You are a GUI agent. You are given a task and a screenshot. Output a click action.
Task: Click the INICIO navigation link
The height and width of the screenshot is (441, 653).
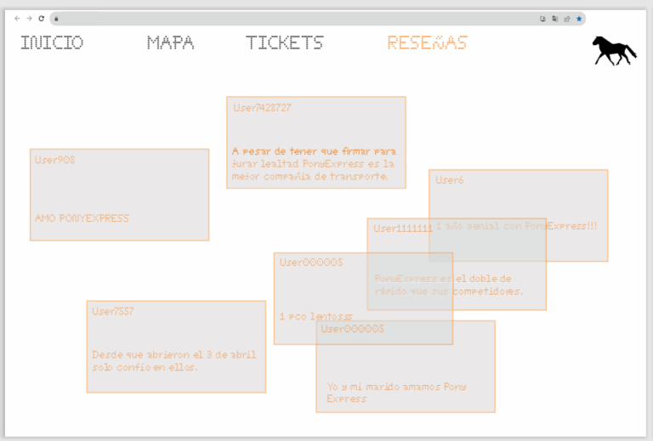coord(52,42)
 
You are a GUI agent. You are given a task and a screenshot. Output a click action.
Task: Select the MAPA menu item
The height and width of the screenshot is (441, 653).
coord(170,42)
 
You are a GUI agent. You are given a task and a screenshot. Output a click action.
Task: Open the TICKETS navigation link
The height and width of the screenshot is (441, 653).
coord(285,42)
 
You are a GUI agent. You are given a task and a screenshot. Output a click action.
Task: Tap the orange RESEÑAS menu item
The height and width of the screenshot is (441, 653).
coord(427,42)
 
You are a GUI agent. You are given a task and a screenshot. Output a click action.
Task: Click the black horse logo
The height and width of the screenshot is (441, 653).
coord(614,50)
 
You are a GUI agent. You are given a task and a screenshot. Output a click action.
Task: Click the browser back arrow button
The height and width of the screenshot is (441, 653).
coord(17,18)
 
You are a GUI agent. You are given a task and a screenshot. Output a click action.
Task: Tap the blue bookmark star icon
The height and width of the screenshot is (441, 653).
coord(579,18)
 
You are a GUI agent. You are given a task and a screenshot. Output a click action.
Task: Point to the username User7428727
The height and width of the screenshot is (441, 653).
coord(262,108)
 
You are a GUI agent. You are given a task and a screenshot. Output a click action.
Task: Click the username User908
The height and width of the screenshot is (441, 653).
coord(55,160)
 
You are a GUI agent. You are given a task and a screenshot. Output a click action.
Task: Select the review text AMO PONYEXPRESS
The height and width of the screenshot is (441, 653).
coord(82,218)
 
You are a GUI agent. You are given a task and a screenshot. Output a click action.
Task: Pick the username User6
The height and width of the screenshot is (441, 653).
coord(449,180)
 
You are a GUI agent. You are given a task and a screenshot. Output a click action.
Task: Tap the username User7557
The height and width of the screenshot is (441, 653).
coord(113,311)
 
